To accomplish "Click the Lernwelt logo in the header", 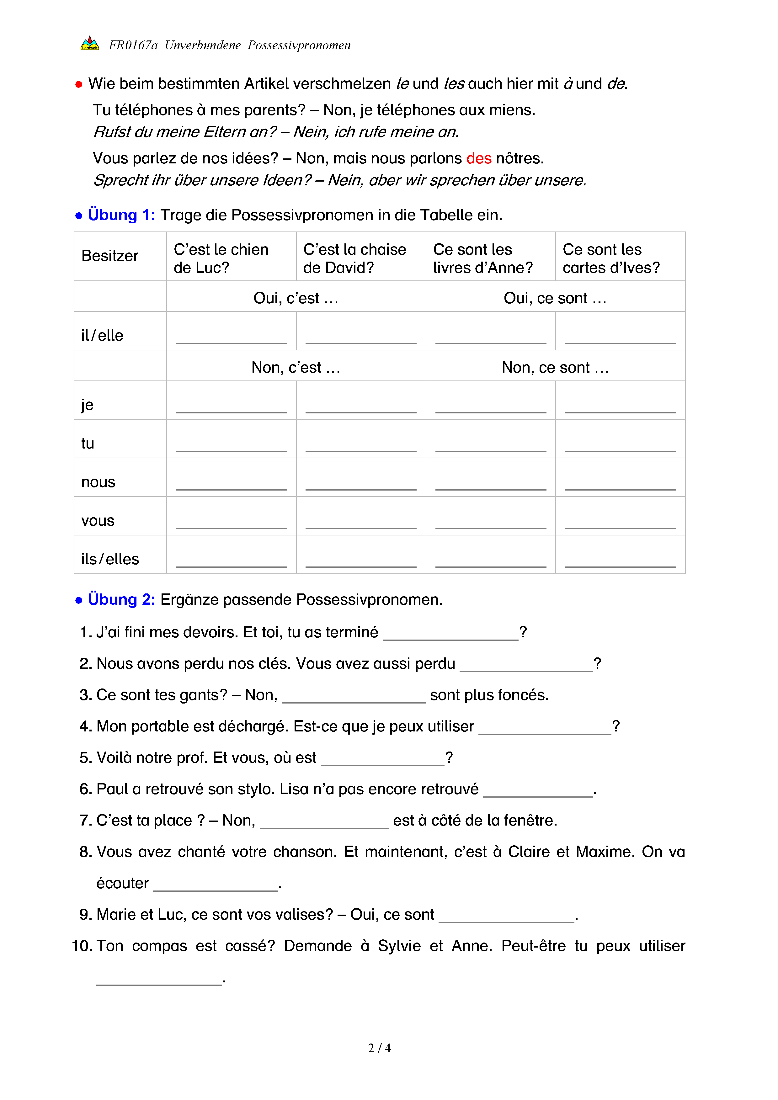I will click(90, 44).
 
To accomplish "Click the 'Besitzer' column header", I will click(110, 256).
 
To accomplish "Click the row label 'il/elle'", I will click(102, 335).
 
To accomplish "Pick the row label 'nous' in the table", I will click(98, 482).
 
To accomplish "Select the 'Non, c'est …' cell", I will click(296, 368).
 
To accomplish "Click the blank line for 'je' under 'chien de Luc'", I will click(231, 407).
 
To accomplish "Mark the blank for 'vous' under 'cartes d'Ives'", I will click(620, 523).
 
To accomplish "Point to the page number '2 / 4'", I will click(379, 1048).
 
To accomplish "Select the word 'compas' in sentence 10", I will click(160, 946).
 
